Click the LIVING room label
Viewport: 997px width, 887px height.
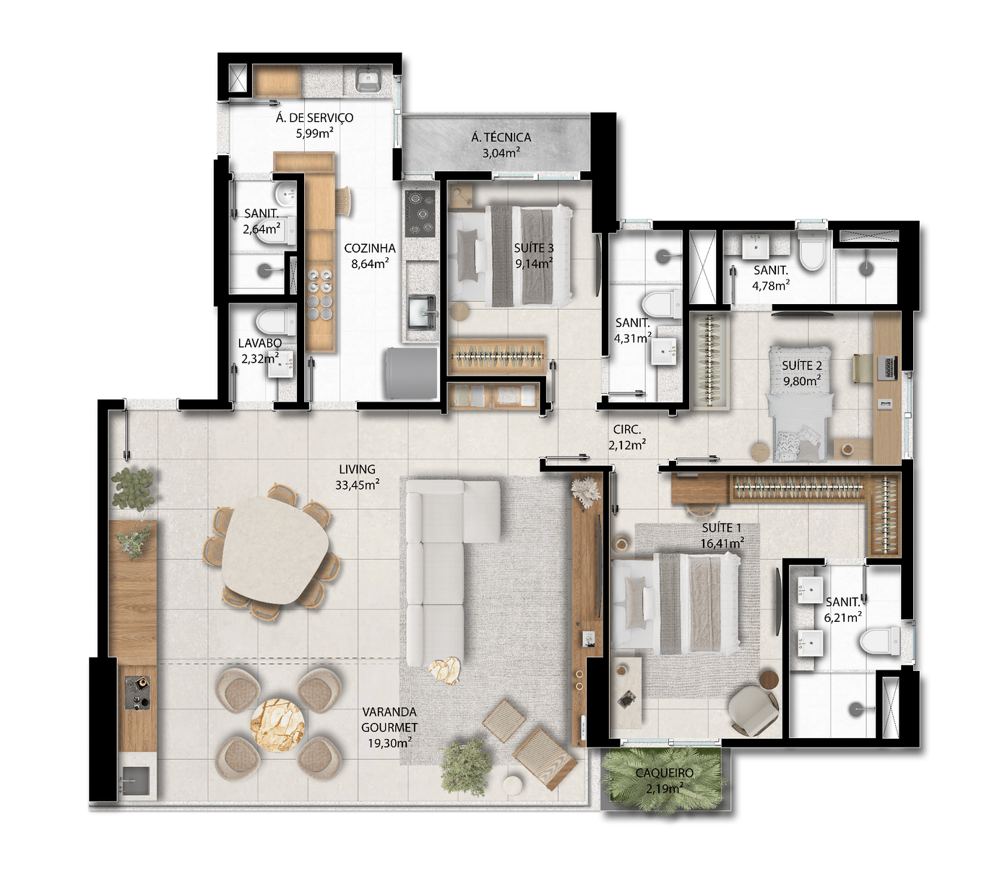pyautogui.click(x=358, y=470)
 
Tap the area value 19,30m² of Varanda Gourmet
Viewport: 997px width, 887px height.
pyautogui.click(x=389, y=743)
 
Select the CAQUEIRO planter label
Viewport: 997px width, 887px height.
pyautogui.click(x=665, y=773)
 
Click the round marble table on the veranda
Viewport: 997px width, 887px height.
pyautogui.click(x=277, y=724)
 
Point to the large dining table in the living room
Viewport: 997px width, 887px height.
pyautogui.click(x=275, y=549)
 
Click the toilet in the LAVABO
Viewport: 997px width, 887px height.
pyautogui.click(x=273, y=321)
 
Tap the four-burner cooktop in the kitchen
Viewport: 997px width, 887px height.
pyautogui.click(x=420, y=214)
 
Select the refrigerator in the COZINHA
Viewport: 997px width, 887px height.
pyautogui.click(x=411, y=373)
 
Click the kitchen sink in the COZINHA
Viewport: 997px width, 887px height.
pyautogui.click(x=422, y=312)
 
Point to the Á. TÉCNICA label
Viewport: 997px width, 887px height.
pyautogui.click(x=501, y=137)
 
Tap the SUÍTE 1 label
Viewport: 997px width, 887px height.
pyautogui.click(x=722, y=528)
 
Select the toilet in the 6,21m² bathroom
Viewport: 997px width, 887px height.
pyautogui.click(x=881, y=641)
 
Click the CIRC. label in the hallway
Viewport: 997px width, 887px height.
pyautogui.click(x=627, y=430)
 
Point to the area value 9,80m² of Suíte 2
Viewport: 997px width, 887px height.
pyautogui.click(x=802, y=381)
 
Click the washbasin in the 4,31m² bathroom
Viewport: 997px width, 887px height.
pyautogui.click(x=666, y=351)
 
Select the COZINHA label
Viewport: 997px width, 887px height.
pyautogui.click(x=370, y=248)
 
